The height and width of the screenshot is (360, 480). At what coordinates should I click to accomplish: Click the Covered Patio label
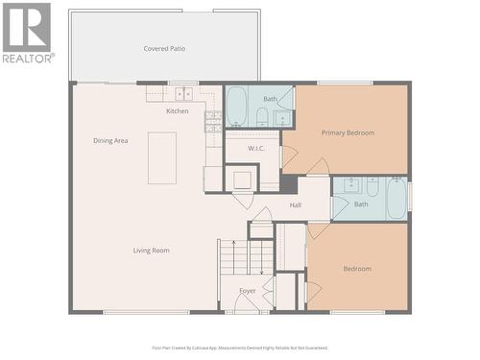coord(164,48)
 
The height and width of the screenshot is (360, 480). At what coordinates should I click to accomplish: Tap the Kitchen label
coord(178,111)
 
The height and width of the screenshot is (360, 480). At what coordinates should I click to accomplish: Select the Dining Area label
coord(110,140)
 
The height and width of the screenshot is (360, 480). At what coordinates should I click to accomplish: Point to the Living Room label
coord(151,251)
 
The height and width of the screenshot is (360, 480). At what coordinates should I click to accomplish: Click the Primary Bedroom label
coord(348,132)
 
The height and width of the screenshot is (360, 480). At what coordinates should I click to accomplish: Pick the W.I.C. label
coord(256,149)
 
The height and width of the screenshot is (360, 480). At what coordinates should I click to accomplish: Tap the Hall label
coord(295,204)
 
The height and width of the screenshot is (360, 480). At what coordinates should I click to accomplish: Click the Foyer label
coord(248,289)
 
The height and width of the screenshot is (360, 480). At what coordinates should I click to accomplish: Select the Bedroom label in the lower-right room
coord(357,269)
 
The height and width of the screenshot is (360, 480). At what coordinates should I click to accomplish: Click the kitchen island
coord(162,157)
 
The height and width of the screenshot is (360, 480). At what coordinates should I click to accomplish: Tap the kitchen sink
coord(182,94)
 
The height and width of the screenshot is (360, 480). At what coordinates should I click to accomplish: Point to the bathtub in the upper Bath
coord(236,107)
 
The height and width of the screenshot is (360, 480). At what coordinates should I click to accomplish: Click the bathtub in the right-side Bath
coord(396,200)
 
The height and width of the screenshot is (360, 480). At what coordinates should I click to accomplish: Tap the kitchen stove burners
coord(213,121)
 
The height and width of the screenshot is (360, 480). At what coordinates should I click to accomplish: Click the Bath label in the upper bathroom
coord(271,99)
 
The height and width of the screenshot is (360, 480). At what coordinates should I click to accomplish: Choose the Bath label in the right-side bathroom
coord(361,204)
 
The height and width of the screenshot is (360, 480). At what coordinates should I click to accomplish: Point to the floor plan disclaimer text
coord(240,348)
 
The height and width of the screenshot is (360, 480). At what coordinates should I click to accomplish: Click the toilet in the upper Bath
coord(261,118)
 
